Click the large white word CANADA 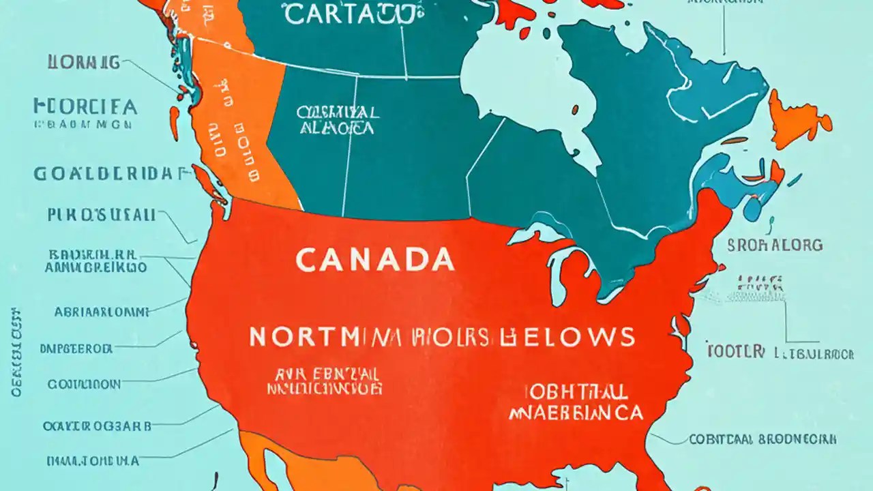[x=375, y=260]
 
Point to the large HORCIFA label [x=85, y=107]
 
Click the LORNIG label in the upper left [x=83, y=63]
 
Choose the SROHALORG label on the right [x=775, y=245]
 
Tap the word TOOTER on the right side [x=735, y=352]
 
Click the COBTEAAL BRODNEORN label [x=763, y=440]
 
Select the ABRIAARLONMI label [x=101, y=312]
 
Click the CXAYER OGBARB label [x=97, y=426]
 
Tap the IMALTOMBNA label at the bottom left [x=92, y=461]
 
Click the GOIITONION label [x=84, y=385]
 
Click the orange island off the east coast [x=798, y=119]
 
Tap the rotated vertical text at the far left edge [x=15, y=352]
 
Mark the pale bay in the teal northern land [x=518, y=82]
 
